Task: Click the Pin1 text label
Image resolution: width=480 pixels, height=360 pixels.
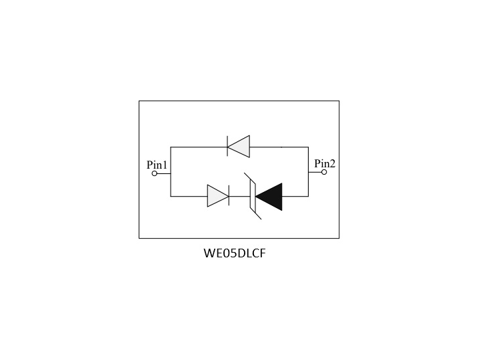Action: point(157,165)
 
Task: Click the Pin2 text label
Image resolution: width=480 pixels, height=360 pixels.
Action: point(325,163)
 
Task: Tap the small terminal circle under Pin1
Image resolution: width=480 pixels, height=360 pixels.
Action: point(155,173)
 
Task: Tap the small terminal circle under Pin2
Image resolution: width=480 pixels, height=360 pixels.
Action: point(324,172)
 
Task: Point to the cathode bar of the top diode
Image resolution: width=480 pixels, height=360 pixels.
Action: point(227,146)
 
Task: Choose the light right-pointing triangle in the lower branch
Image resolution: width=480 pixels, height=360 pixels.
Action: point(217,196)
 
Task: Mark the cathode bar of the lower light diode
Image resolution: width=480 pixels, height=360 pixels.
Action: point(229,195)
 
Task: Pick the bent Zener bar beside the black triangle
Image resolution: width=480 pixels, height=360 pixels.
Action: point(253,196)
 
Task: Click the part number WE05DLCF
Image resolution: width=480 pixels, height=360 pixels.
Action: point(235,253)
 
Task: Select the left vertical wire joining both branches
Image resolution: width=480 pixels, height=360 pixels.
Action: point(171,172)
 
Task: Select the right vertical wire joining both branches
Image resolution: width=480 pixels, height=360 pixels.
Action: point(308,172)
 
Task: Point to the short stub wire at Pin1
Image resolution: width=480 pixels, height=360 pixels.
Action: point(164,173)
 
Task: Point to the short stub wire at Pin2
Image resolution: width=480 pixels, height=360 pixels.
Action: point(315,172)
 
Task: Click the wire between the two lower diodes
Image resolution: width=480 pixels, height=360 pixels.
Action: point(240,196)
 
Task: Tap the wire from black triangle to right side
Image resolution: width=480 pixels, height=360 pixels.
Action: point(295,196)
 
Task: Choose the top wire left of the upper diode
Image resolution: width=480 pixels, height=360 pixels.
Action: point(199,147)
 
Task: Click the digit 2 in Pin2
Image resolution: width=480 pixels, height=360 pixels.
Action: point(333,164)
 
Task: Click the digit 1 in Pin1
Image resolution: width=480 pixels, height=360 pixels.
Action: point(165,165)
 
